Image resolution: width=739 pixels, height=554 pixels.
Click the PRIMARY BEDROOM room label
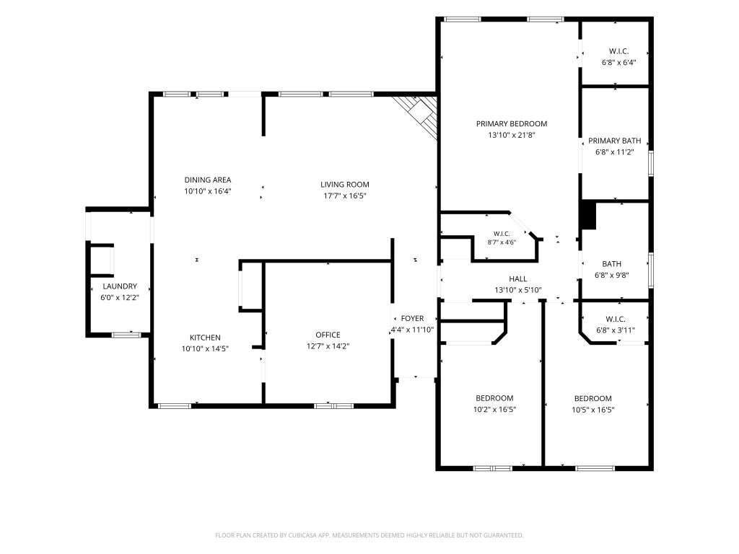[512, 124]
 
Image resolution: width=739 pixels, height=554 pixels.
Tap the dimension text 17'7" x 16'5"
[344, 196]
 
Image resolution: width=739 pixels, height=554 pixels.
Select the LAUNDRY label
[120, 286]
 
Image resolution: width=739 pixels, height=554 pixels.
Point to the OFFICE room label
[328, 335]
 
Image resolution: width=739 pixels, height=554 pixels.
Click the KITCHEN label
[205, 338]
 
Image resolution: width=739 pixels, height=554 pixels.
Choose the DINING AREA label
[207, 180]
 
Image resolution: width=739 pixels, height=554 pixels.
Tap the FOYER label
[412, 319]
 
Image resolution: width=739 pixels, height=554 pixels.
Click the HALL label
[518, 279]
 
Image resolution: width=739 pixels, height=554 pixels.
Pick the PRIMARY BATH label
[615, 141]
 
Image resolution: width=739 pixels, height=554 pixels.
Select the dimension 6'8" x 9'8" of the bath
[612, 276]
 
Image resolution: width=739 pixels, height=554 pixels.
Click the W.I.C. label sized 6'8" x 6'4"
[618, 51]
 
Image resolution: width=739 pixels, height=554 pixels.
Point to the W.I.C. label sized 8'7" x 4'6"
[502, 234]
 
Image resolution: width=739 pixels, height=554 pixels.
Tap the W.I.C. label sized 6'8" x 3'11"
[616, 320]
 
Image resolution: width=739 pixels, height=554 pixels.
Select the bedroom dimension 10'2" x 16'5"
[494, 410]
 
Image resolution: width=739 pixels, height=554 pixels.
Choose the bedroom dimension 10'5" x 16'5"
[593, 410]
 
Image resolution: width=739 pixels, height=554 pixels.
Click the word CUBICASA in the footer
[306, 535]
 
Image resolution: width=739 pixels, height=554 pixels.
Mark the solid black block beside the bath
[589, 215]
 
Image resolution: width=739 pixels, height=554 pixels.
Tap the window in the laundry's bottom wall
[126, 335]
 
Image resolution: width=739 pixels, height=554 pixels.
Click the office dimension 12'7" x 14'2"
[328, 346]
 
